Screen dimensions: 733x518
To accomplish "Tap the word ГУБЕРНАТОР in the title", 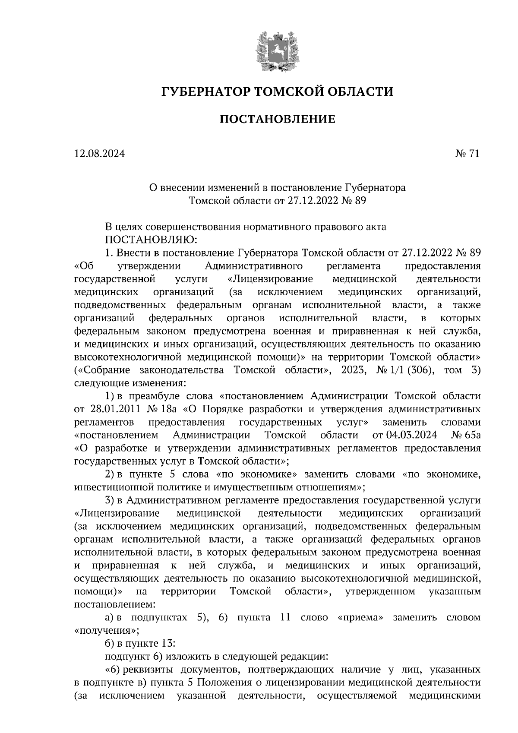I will pos(205,92).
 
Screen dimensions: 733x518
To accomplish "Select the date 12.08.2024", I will pos(99,154).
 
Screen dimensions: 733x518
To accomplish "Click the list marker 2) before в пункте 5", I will pos(110,474).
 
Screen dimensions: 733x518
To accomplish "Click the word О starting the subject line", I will pos(152,188).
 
